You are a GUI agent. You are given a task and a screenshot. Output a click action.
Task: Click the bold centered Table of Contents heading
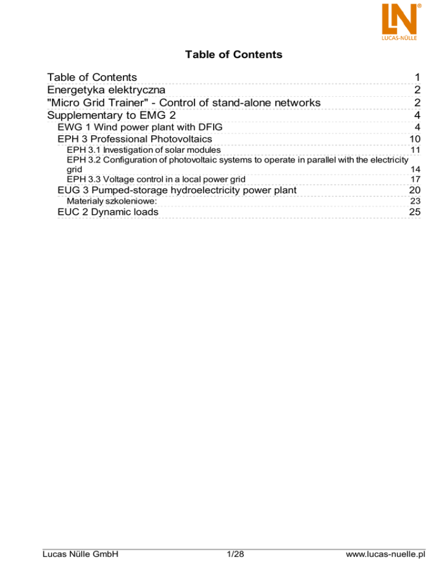click(233, 55)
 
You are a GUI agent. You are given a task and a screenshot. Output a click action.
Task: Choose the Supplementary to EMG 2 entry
click(111, 115)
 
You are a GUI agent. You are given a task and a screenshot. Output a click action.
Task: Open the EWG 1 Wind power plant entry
click(140, 127)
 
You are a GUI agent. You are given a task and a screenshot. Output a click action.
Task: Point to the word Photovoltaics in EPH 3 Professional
click(180, 139)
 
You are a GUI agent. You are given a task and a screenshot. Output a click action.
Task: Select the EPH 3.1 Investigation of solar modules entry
click(144, 150)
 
